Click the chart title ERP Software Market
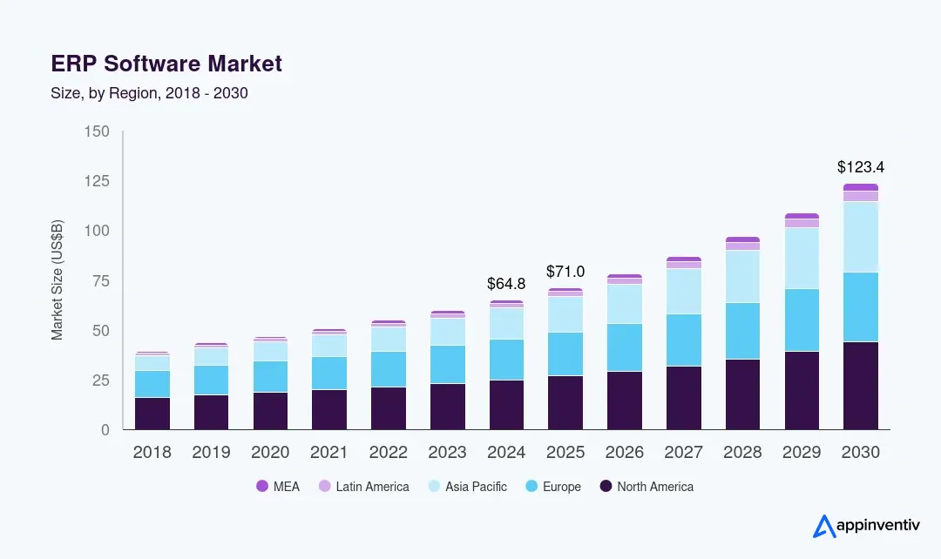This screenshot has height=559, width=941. [166, 64]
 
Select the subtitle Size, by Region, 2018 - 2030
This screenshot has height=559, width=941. [149, 93]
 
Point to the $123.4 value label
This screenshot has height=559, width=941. [860, 166]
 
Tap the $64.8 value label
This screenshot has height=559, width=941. [506, 284]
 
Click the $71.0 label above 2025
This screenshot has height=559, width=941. [565, 272]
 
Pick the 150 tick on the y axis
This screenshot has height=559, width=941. [97, 131]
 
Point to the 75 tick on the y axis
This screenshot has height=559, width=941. [101, 280]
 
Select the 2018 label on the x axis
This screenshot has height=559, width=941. [152, 453]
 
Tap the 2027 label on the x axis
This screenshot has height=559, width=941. [683, 453]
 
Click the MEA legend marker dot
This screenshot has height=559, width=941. [261, 487]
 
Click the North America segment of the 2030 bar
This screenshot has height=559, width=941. [860, 386]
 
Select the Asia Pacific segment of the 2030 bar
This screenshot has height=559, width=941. [860, 237]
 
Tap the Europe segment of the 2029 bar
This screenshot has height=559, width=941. [802, 320]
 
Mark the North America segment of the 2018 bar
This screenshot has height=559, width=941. [152, 414]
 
